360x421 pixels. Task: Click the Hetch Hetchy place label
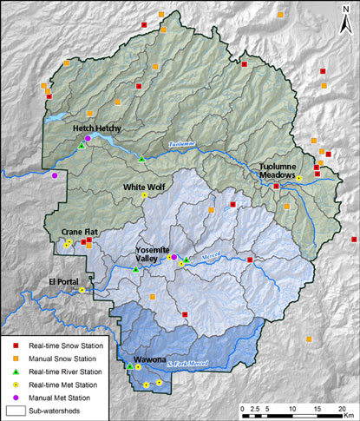(x=96, y=128)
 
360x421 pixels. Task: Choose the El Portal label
(x=62, y=280)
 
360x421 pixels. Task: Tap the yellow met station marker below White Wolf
(x=145, y=196)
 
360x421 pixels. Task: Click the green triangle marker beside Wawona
(x=129, y=366)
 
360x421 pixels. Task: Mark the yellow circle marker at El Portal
(x=82, y=289)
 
